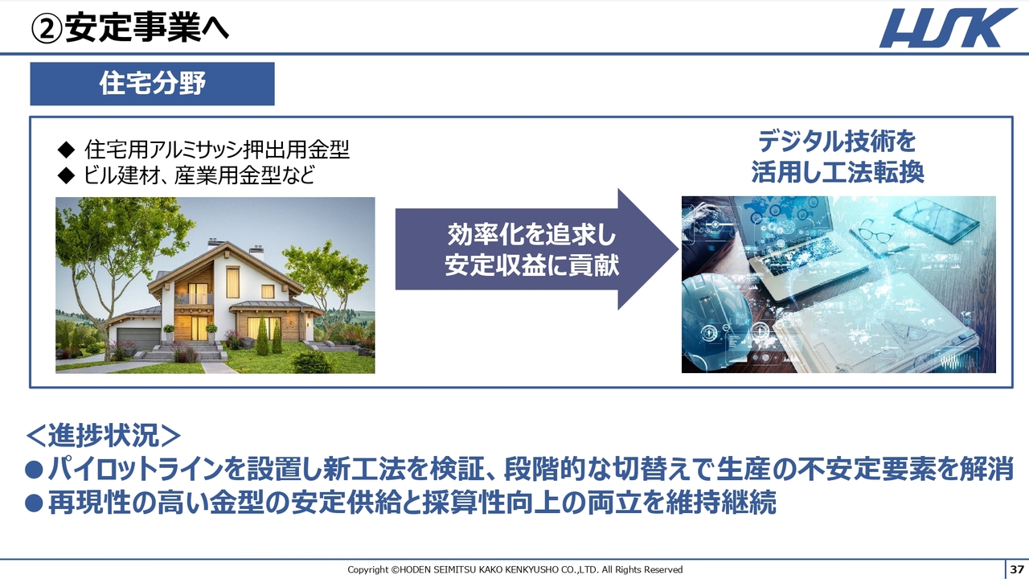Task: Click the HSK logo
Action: (948, 28)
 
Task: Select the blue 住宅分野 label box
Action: (152, 84)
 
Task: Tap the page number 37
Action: (1017, 569)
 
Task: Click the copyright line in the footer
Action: (515, 570)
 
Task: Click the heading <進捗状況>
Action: (104, 435)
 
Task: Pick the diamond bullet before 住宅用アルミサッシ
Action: (66, 150)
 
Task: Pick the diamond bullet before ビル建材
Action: (66, 175)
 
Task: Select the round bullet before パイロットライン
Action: (34, 470)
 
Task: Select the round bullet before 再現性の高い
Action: (34, 503)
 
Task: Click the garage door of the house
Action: (138, 338)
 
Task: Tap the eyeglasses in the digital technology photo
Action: (875, 233)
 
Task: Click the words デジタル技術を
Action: (837, 142)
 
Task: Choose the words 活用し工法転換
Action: (838, 172)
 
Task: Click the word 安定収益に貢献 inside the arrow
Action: (532, 265)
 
